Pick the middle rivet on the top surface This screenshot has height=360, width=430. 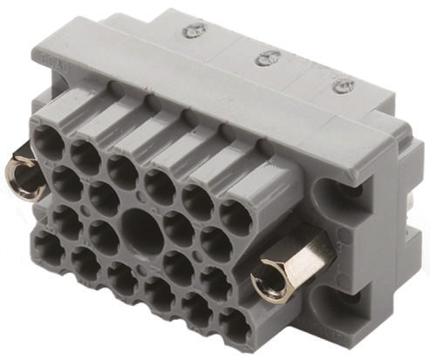[263, 58]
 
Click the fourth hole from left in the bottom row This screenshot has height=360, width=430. [158, 293]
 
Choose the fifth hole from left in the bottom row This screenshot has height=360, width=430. [195, 309]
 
